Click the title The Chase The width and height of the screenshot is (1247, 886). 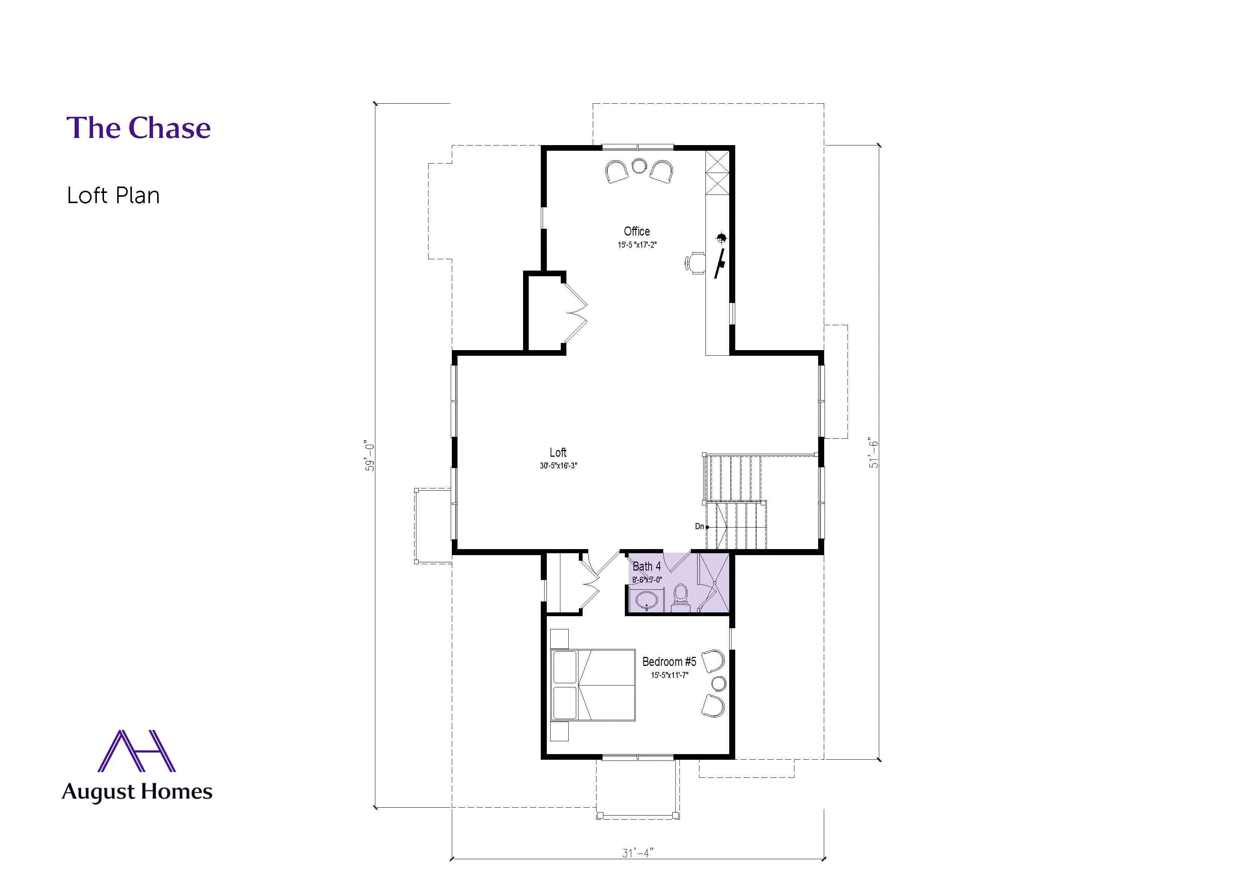pos(139,128)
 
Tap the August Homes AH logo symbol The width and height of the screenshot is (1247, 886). pos(136,751)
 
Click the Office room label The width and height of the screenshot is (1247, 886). pos(637,231)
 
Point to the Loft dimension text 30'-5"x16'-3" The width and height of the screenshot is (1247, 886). pos(558,466)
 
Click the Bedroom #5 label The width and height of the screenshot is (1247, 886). pos(669,662)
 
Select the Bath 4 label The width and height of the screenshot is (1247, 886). pos(646,566)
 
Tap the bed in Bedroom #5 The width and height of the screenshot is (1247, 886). pos(593,685)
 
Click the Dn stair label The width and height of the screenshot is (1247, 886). pos(699,526)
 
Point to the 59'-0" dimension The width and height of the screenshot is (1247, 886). pos(370,456)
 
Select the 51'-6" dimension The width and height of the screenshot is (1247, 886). pos(874,453)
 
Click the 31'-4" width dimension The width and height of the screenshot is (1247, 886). pos(637,853)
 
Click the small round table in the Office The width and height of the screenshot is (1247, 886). pos(639,165)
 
